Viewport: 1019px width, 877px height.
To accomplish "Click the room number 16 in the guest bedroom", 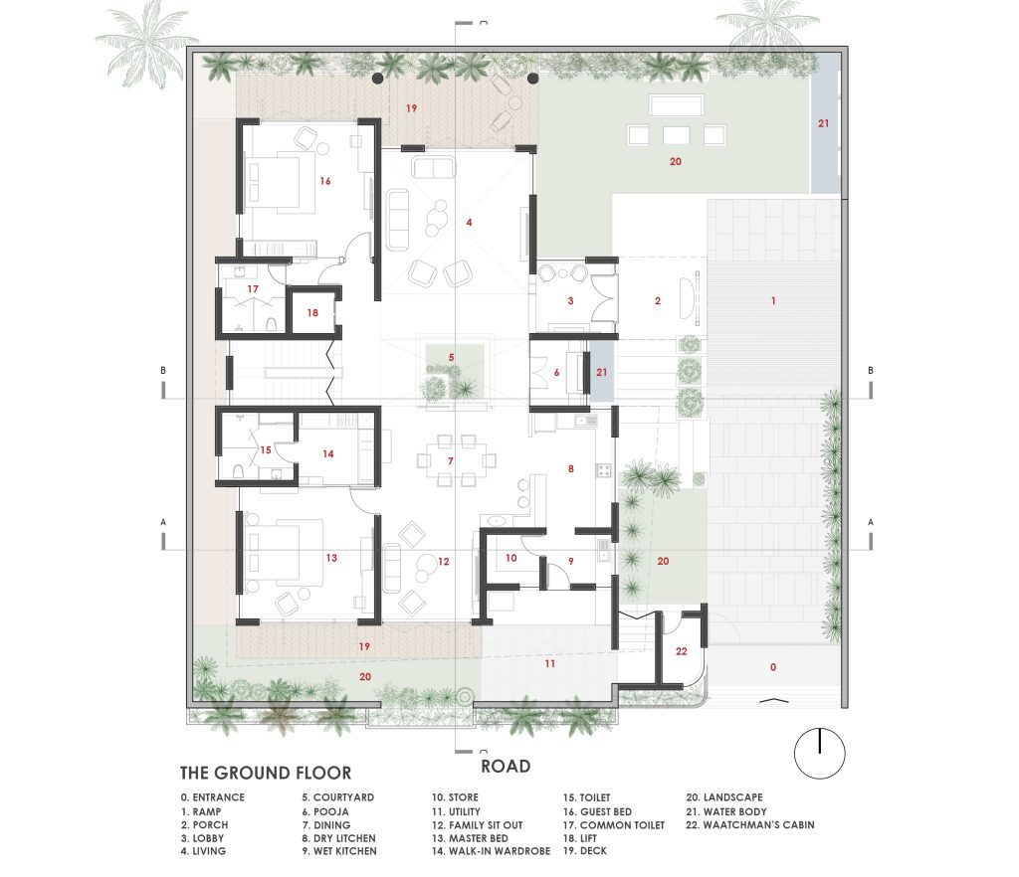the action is [x=325, y=181].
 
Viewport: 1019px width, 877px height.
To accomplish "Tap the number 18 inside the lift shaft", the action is [x=312, y=313].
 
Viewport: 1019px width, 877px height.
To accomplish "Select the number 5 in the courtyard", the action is [x=451, y=358].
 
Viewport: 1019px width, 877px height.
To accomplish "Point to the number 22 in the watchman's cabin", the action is [x=681, y=651].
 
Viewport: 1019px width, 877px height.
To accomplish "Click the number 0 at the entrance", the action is [x=772, y=666].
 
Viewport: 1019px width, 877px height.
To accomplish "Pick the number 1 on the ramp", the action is [x=773, y=300].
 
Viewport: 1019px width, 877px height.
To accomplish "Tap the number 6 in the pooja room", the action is [x=556, y=373].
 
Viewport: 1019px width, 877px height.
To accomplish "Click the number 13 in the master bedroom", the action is [x=331, y=558].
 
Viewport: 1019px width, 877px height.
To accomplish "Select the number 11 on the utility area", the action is [x=549, y=663].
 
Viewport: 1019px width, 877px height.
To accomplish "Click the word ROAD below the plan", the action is [x=506, y=767].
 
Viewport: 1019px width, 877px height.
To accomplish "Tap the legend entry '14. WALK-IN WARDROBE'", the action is [x=491, y=851].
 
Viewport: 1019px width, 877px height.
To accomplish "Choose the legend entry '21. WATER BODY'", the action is [x=725, y=811].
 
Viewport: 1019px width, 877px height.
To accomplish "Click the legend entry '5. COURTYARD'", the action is [x=338, y=797].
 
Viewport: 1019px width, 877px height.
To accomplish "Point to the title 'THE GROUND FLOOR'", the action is [x=265, y=774].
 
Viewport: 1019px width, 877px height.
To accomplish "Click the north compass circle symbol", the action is [x=820, y=754].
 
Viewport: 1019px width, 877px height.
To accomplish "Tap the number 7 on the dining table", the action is [x=451, y=461].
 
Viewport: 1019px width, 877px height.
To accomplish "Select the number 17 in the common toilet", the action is [x=253, y=289].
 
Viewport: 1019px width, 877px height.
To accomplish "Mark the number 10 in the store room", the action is [x=511, y=558].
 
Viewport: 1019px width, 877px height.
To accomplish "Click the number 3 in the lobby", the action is [x=570, y=300].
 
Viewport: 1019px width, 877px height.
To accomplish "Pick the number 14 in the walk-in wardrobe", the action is [x=328, y=453].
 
